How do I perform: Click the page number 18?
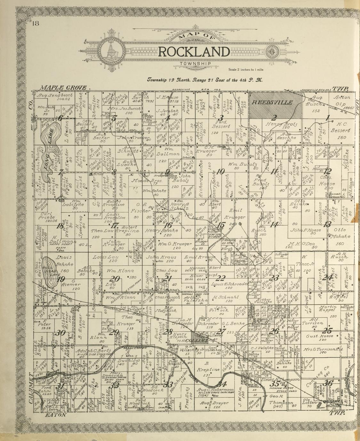coord(35,23)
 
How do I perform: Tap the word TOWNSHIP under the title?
coord(195,64)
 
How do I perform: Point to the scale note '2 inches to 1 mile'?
coord(246,69)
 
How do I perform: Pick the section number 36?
coord(328,383)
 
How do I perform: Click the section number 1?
coord(327,118)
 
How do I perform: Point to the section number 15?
coord(220,225)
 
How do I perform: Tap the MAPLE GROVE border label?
coord(64,88)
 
